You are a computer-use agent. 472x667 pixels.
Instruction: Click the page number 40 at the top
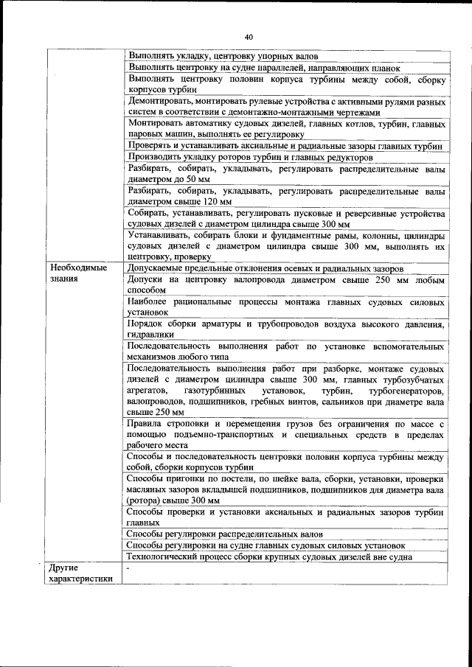tap(249, 37)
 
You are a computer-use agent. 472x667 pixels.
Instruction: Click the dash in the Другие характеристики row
tap(128, 568)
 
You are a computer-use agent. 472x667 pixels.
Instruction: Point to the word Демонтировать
tap(162, 101)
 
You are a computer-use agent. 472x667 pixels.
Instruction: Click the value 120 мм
tap(219, 200)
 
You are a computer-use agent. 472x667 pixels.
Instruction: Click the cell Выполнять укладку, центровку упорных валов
tap(223, 55)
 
